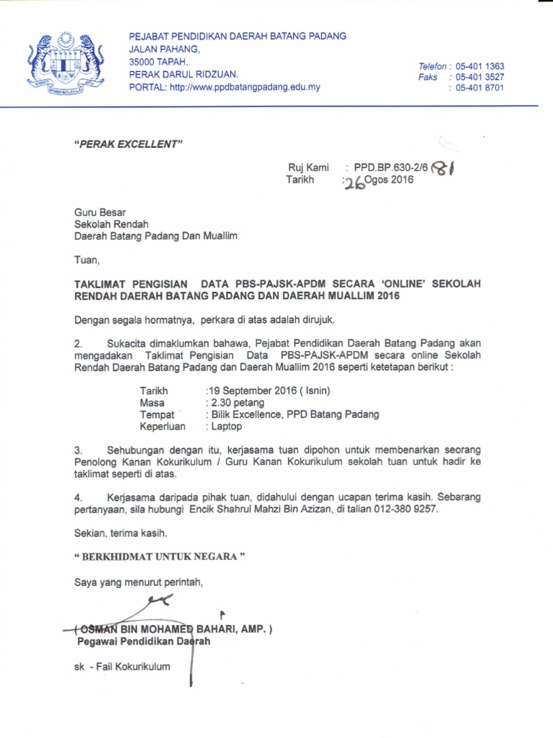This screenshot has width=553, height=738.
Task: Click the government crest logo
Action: pyautogui.click(x=63, y=64)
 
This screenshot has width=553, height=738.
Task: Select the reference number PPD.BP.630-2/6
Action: pyautogui.click(x=391, y=167)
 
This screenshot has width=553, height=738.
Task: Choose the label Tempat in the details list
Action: pyautogui.click(x=156, y=414)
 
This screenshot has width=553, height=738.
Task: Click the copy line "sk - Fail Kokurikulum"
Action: pyautogui.click(x=122, y=667)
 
